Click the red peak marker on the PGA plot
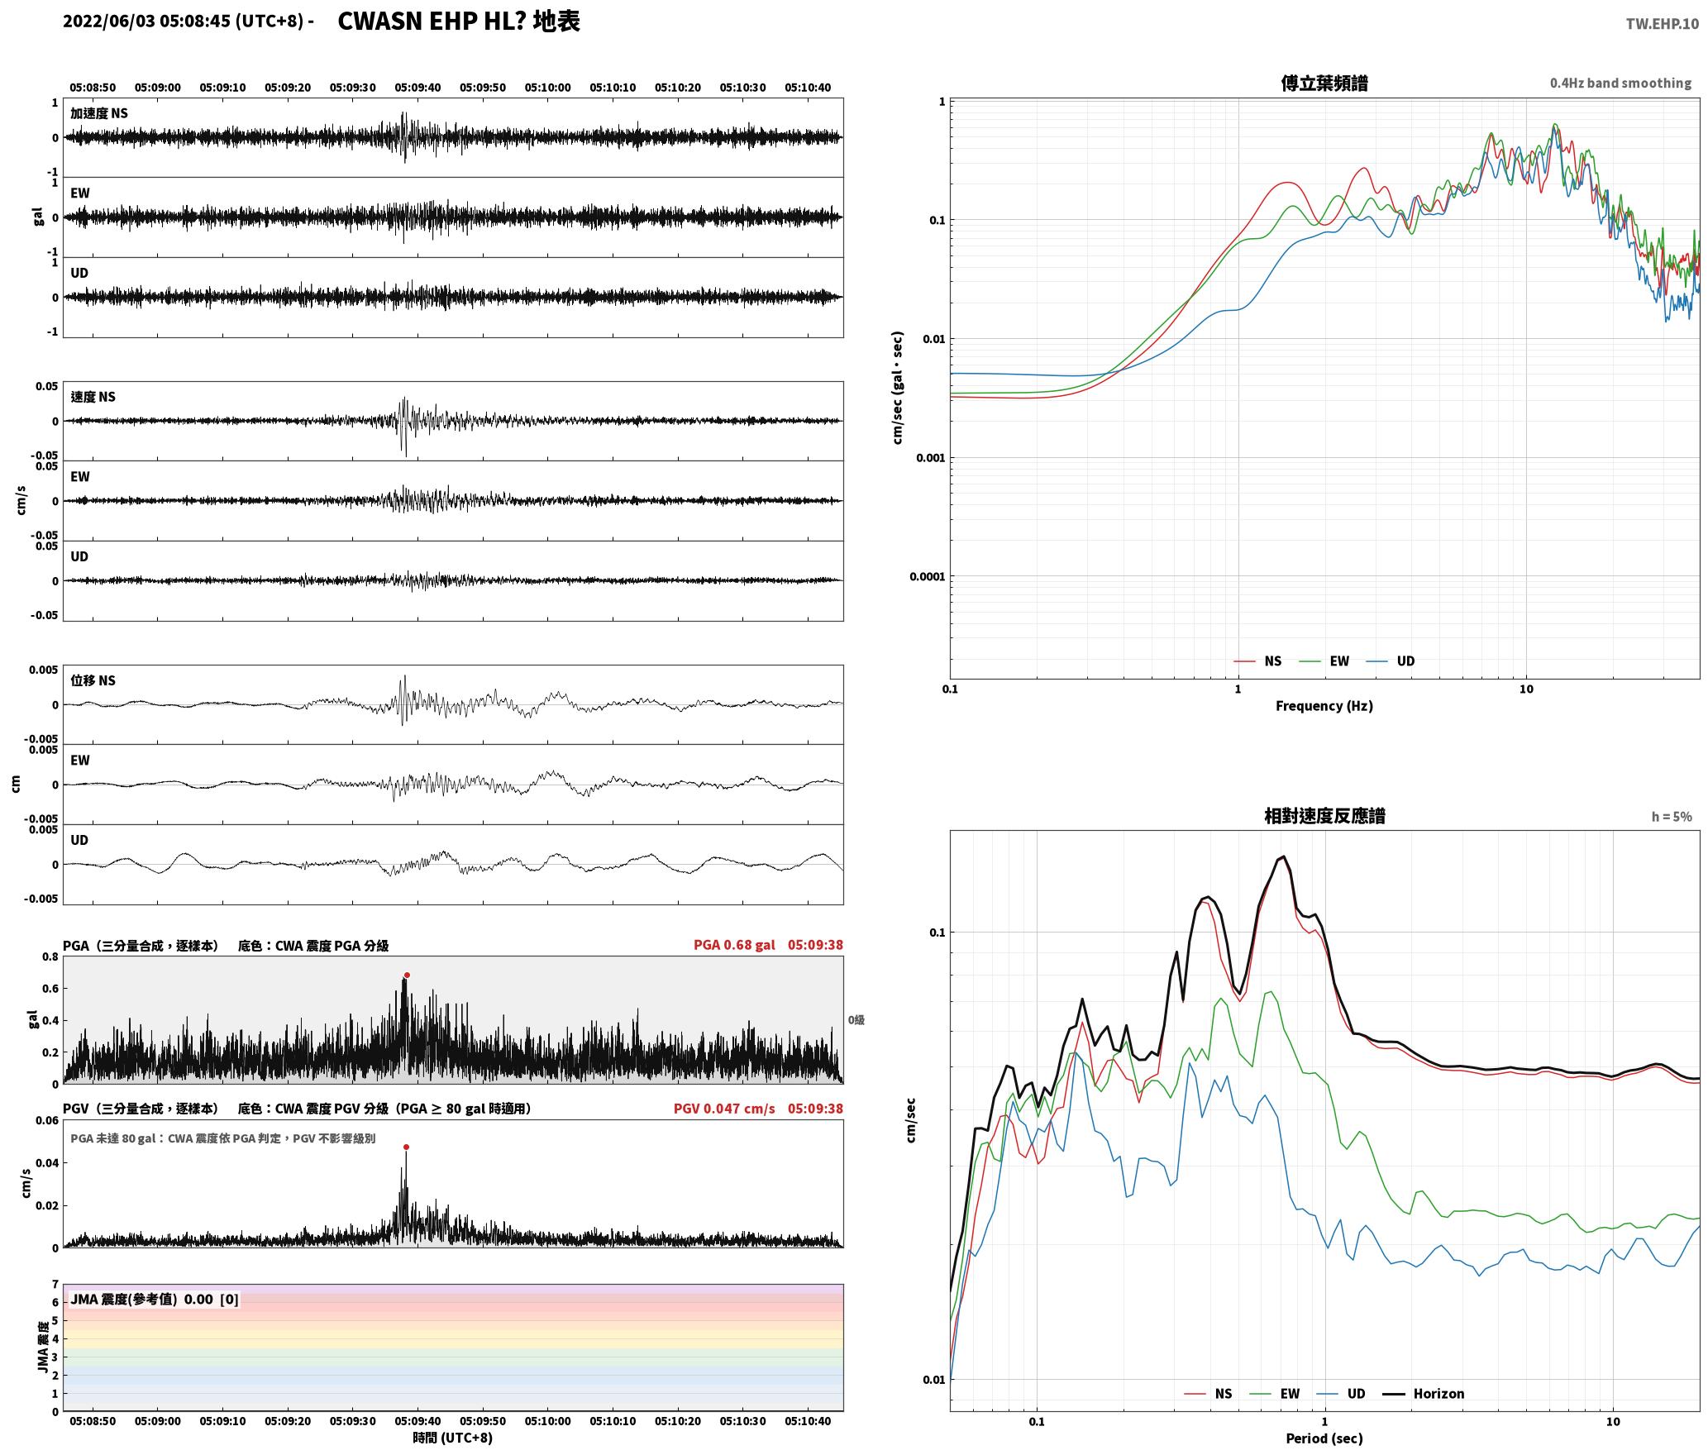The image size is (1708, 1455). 407,975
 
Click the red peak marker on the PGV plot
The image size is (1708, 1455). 406,1147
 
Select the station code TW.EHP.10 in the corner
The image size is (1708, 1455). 1663,24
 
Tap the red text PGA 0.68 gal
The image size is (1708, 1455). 734,945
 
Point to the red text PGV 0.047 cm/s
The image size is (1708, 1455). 724,1109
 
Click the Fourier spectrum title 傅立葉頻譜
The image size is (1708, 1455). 1324,83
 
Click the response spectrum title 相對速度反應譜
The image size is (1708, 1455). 1324,816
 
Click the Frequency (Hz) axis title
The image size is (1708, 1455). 1324,706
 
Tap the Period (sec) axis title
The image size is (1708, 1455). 1324,1439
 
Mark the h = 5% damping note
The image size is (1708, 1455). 1672,817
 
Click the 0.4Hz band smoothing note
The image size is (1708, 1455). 1620,83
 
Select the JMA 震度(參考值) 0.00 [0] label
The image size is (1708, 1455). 155,1300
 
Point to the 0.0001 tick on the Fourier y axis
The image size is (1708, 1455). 927,577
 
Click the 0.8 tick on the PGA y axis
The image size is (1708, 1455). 50,957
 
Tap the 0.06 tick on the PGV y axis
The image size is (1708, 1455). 47,1121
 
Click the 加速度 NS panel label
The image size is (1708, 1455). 99,113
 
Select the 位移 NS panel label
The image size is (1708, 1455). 93,680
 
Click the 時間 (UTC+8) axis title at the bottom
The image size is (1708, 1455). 453,1438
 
